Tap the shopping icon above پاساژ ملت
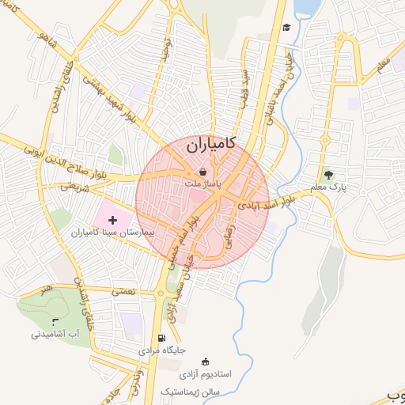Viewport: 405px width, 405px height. click(x=202, y=171)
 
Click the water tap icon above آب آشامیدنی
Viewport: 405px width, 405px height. click(x=55, y=321)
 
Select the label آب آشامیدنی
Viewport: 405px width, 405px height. click(x=56, y=335)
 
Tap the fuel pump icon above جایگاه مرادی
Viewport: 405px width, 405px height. click(x=161, y=337)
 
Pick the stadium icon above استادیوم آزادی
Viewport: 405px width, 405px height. click(x=206, y=361)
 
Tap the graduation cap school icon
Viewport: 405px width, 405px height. click(x=286, y=27)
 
